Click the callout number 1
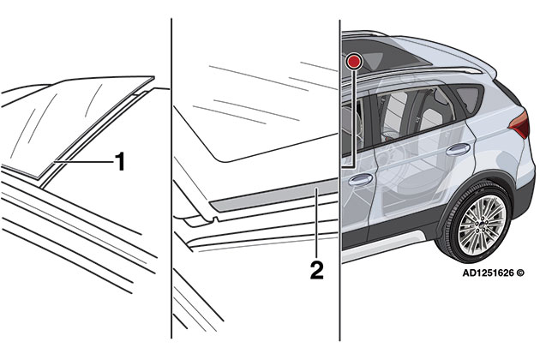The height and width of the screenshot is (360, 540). (x=119, y=161)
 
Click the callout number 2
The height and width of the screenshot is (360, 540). (x=316, y=270)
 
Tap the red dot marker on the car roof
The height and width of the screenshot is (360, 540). (x=354, y=62)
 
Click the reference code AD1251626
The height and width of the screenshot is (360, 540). (x=488, y=273)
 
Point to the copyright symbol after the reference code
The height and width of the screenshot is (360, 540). (x=520, y=273)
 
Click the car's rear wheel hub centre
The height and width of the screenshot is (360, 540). (x=481, y=224)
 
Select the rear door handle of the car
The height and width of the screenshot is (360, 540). (x=458, y=149)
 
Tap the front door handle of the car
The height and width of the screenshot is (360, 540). (x=361, y=179)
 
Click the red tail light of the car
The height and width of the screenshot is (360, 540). (x=520, y=124)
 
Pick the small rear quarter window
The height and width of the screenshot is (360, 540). (x=468, y=98)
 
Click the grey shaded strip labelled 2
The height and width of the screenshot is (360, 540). (x=273, y=195)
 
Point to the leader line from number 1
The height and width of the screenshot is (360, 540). (x=83, y=161)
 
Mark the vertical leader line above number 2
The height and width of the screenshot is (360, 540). (x=316, y=223)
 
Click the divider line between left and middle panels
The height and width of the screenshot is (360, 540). (x=171, y=179)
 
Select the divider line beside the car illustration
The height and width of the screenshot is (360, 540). (x=340, y=180)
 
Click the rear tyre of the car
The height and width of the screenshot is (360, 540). (x=475, y=223)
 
